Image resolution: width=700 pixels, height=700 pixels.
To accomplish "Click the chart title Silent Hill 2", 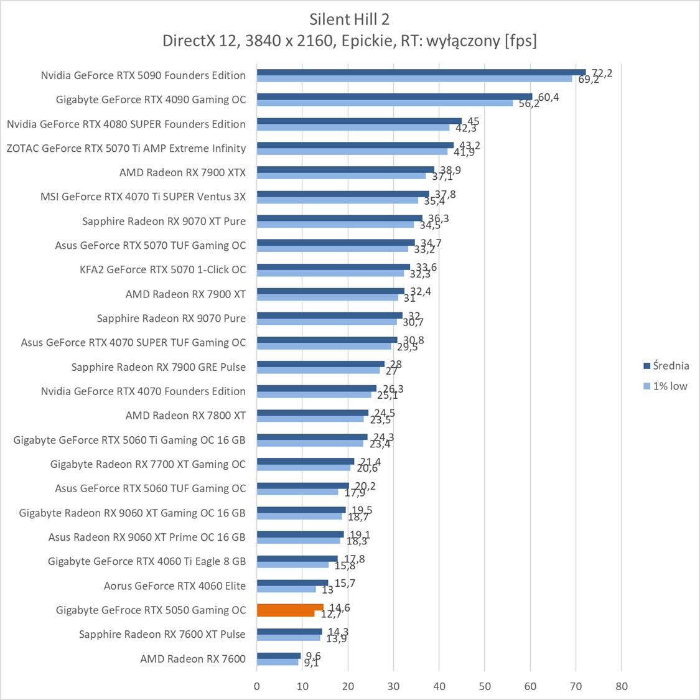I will [349, 19].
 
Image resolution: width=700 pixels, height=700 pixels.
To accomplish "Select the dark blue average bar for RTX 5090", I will [421, 72].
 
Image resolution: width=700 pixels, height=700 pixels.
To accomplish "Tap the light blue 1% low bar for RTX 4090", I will [385, 103].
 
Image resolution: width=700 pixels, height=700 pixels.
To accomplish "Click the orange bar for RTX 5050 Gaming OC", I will [290, 607].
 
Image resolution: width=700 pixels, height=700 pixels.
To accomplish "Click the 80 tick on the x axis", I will [621, 687].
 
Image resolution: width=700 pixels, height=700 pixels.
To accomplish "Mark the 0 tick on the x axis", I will [257, 687].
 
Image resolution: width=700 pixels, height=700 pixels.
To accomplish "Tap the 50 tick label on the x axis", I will [485, 687].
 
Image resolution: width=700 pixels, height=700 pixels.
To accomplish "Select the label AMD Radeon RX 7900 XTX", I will [182, 172].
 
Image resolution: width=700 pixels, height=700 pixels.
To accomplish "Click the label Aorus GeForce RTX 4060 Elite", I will [175, 586].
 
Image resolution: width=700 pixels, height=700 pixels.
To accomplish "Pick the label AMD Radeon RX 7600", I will [193, 658].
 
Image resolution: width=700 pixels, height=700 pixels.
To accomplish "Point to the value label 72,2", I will [602, 73].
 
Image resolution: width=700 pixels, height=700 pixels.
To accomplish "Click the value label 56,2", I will [529, 104].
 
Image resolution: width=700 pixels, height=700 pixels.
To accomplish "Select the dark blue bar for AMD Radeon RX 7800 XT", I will [312, 413].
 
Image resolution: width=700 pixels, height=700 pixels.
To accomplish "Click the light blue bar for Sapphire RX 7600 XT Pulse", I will [288, 638].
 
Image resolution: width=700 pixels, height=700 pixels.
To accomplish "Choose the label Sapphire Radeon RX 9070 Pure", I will [171, 318].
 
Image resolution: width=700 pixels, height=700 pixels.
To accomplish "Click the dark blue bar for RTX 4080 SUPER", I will [359, 121].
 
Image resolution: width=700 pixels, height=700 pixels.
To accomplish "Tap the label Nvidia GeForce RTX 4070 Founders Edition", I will [143, 391].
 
